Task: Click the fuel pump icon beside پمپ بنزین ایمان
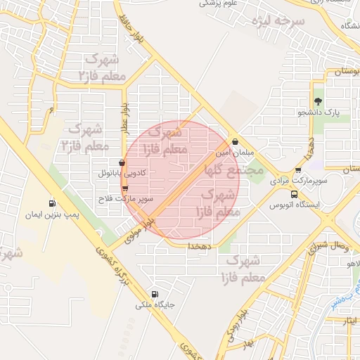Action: point(52,204)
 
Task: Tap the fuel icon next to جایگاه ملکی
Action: point(155,294)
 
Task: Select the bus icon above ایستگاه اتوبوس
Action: point(294,195)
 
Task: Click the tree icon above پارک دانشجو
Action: point(317,102)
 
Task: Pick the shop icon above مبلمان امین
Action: point(236,142)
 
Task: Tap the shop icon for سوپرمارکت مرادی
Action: point(298,170)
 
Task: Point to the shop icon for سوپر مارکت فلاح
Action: point(125,188)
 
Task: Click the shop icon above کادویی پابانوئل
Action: point(122,163)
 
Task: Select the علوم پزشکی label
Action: point(218,3)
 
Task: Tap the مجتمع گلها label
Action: point(233,169)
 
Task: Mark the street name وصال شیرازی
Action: point(326,246)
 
